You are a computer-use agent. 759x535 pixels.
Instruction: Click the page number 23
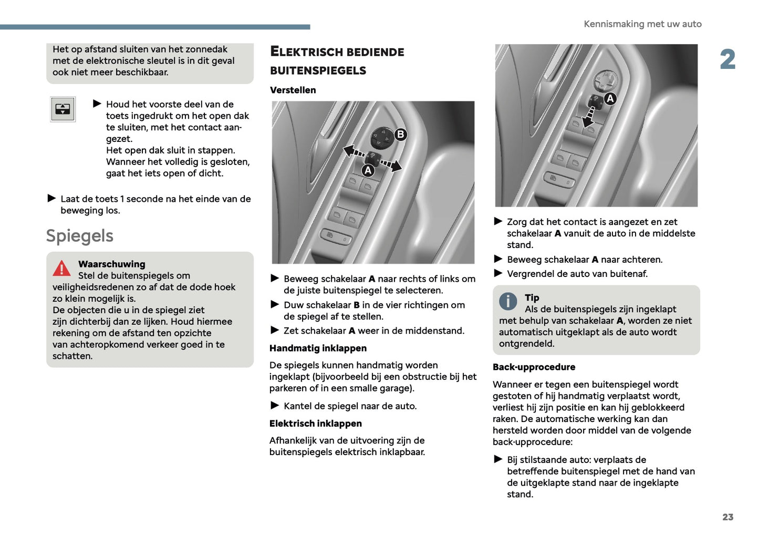point(727,517)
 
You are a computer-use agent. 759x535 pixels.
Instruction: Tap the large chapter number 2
point(727,59)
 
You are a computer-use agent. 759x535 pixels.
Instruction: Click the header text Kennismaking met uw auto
point(642,24)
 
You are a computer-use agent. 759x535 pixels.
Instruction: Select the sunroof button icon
point(63,109)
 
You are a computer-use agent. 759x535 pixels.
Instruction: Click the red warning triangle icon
point(61,269)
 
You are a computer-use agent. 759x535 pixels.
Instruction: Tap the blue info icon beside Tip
point(508,301)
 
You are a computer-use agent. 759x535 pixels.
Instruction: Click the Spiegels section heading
point(80,236)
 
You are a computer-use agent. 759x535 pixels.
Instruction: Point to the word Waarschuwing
point(111,264)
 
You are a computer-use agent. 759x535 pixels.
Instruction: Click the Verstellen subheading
point(293,90)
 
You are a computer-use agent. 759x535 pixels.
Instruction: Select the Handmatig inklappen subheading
point(318,348)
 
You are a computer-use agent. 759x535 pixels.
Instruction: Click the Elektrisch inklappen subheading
point(315,424)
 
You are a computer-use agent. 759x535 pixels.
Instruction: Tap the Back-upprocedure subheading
point(534,367)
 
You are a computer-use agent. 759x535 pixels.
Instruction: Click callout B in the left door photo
point(400,135)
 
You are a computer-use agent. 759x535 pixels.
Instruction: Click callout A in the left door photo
point(368,170)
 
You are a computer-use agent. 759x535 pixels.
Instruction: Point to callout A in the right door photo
point(610,99)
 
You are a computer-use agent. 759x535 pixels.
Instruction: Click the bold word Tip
point(532,298)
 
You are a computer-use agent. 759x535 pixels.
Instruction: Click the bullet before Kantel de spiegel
point(275,405)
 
